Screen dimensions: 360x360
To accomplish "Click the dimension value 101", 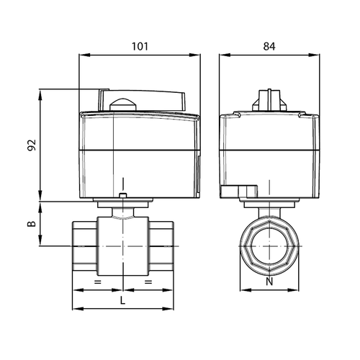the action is point(140,46).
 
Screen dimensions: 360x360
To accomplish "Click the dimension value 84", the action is point(269,46).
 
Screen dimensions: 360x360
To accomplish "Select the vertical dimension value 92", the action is point(32,145).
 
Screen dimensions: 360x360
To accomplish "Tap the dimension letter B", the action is point(32,224).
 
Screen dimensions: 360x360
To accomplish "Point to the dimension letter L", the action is point(122,300).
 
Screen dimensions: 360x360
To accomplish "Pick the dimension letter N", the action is point(269,282).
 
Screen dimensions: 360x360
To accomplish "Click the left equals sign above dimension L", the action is point(98,282).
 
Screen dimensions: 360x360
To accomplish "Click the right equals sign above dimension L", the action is point(148,282).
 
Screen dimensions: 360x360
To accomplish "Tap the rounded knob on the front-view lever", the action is point(123,104).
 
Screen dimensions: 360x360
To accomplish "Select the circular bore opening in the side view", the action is point(269,246).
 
